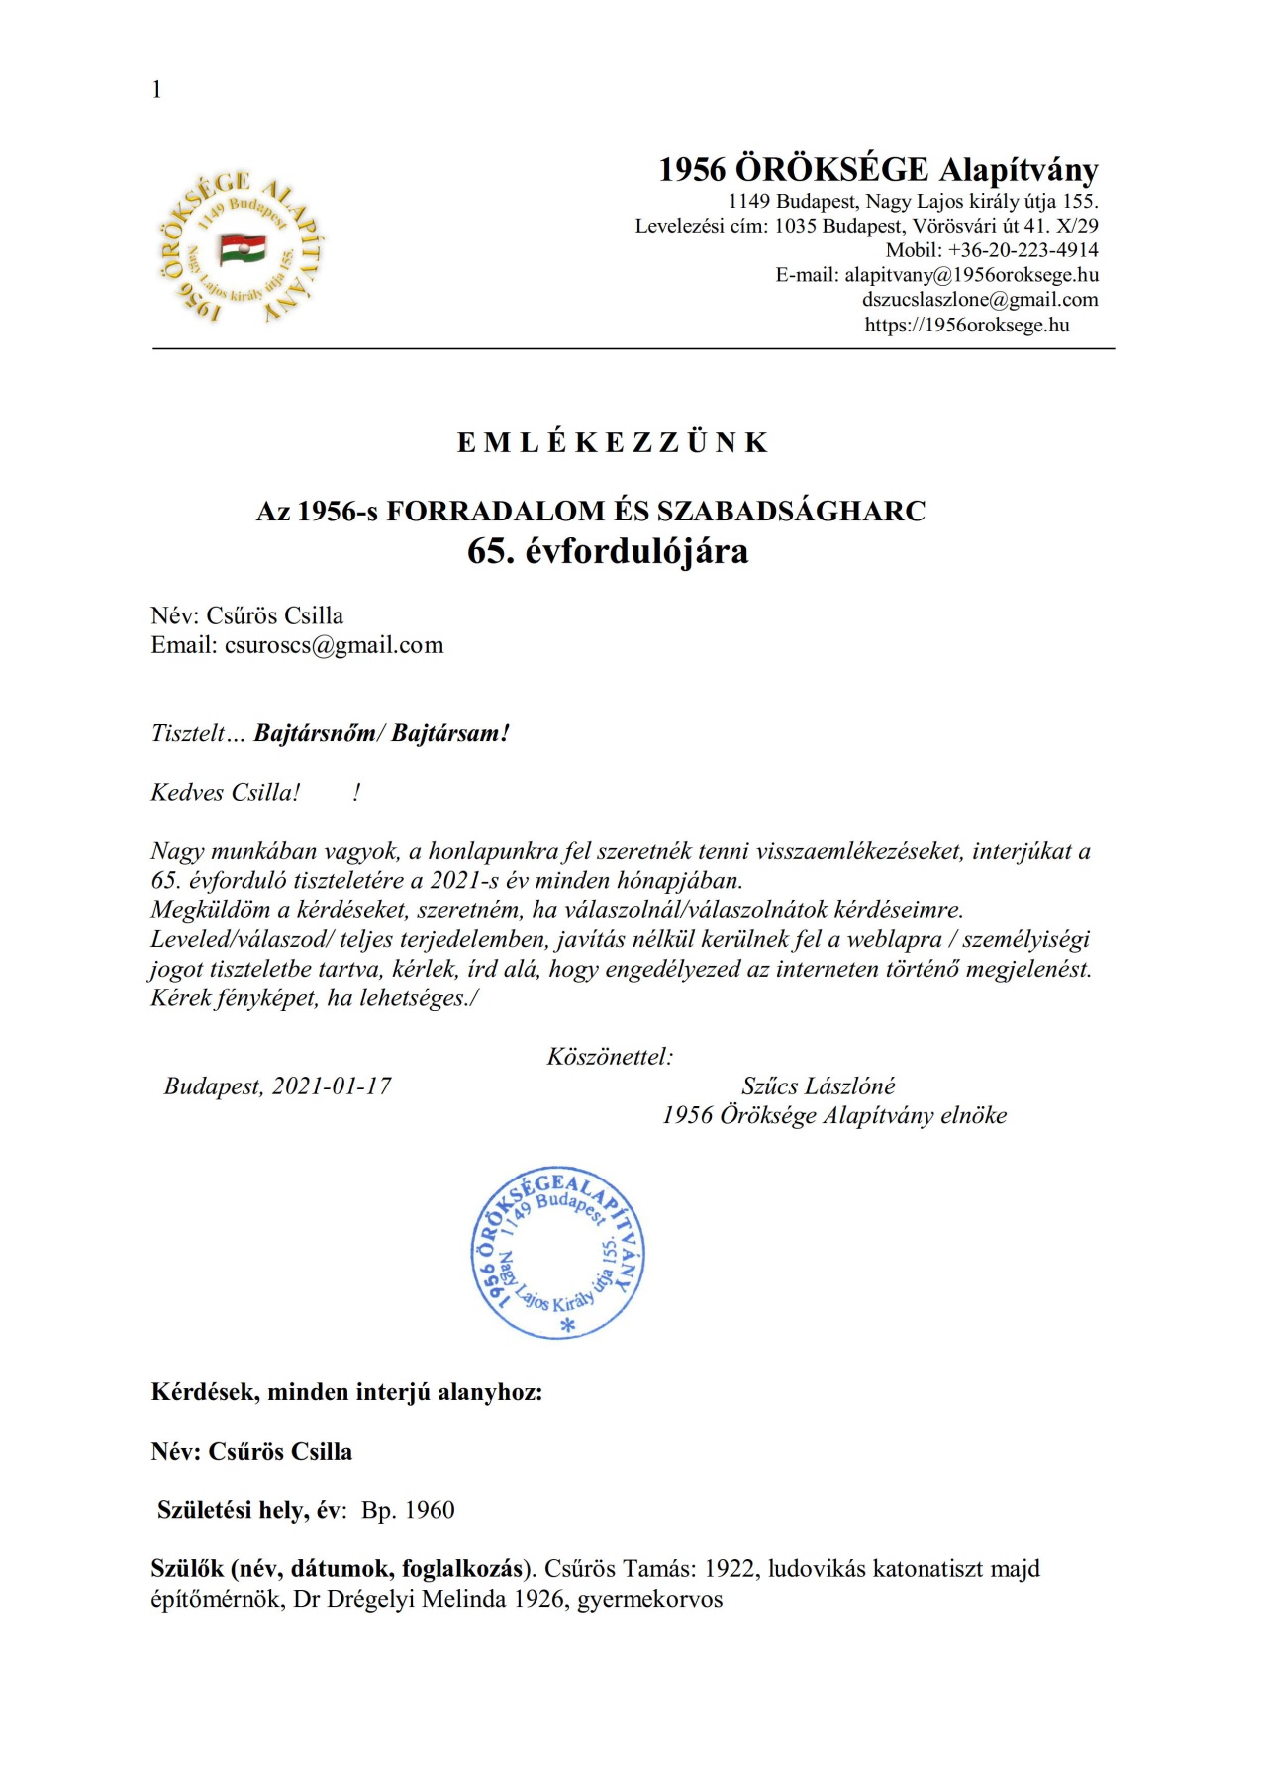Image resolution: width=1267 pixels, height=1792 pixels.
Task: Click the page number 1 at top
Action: pyautogui.click(x=156, y=90)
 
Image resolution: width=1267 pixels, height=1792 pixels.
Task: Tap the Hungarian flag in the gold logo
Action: pyautogui.click(x=243, y=249)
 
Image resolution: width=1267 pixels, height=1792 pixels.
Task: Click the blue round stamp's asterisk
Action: pyautogui.click(x=566, y=1325)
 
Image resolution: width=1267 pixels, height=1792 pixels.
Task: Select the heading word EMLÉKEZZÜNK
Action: pyautogui.click(x=613, y=443)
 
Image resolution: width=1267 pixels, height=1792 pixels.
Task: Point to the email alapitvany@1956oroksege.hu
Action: pyautogui.click(x=971, y=275)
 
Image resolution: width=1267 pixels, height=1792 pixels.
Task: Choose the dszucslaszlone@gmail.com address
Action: pyautogui.click(x=980, y=300)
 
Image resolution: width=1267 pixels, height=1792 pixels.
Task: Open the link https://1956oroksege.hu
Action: pyautogui.click(x=967, y=325)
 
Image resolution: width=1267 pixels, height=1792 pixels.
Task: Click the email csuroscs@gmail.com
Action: pyautogui.click(x=334, y=645)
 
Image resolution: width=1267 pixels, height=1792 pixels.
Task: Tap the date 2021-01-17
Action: pyautogui.click(x=332, y=1086)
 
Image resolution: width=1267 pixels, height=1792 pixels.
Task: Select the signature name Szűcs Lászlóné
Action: pyautogui.click(x=819, y=1086)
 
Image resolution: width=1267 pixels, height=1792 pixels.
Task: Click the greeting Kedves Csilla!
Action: pyautogui.click(x=226, y=792)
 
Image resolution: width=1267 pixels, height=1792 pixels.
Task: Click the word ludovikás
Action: pyautogui.click(x=818, y=1569)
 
